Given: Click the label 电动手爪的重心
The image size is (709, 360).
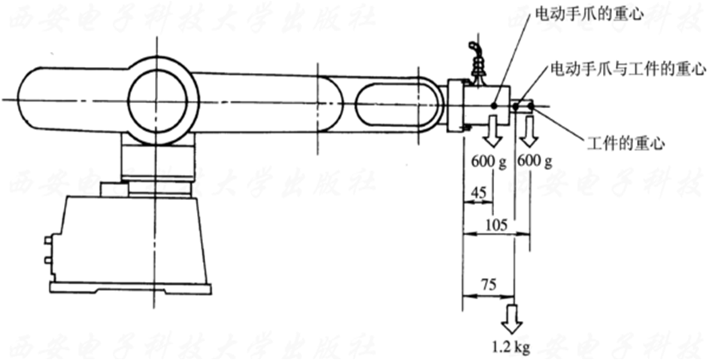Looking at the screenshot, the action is coord(589,14).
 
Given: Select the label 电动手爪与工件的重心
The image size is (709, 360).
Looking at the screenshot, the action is coord(627,69).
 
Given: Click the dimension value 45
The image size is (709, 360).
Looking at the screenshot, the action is coord(478,193).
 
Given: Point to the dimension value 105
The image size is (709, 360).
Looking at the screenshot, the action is coord(496,224).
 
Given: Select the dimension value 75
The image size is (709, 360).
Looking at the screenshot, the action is coord(489,285).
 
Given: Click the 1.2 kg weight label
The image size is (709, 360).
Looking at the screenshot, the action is coord(511,347).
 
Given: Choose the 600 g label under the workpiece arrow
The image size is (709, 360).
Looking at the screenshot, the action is coord(534,161).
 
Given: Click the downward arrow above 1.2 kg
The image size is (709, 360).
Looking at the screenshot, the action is coord(512,319).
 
